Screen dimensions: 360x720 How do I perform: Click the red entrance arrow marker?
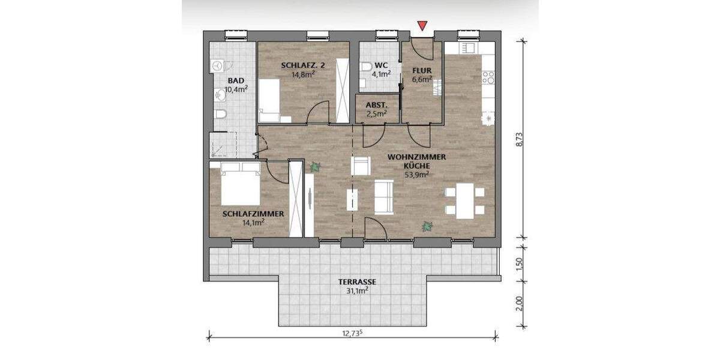423,26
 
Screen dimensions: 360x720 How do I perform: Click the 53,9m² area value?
415,175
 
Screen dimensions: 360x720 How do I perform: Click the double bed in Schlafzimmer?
240,183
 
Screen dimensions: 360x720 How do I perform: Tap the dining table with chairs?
464,201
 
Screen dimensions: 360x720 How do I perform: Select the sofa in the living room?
384,197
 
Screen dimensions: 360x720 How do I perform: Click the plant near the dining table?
427,226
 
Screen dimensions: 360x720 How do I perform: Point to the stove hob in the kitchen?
488,77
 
